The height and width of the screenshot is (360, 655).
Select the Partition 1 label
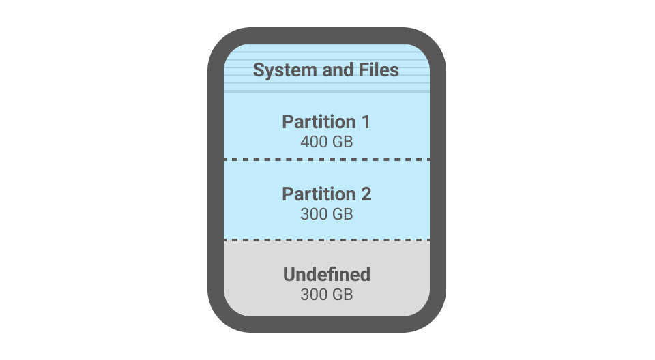[x=326, y=122]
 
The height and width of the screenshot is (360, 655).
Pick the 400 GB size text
[x=326, y=142]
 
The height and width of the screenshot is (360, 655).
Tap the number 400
[x=314, y=142]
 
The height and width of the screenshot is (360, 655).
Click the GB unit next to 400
[x=343, y=142]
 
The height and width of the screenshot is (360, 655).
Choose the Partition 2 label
[x=326, y=194]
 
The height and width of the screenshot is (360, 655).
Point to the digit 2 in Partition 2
[x=366, y=194]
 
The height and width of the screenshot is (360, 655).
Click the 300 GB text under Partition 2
[x=326, y=213]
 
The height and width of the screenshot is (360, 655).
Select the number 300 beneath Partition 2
[x=314, y=213]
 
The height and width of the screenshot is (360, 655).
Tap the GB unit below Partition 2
[x=343, y=213]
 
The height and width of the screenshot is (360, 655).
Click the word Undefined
[x=326, y=275]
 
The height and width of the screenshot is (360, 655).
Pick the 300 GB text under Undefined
[x=326, y=295]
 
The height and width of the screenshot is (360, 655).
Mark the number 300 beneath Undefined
[x=314, y=295]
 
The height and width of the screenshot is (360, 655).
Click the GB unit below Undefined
[x=343, y=295]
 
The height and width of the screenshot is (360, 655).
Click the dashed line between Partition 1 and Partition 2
[x=326, y=160]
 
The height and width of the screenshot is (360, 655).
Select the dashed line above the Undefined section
[x=326, y=240]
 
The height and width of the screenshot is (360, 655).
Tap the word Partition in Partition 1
[x=317, y=122]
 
